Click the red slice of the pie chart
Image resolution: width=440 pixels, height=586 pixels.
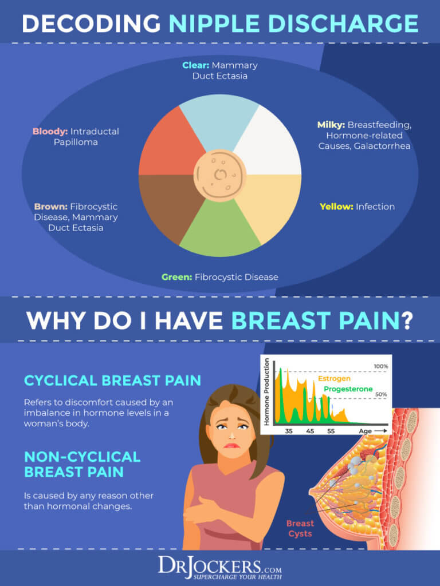(x=166, y=146)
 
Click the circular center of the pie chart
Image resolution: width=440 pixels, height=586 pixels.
(x=220, y=175)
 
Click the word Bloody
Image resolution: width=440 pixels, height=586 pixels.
(x=50, y=131)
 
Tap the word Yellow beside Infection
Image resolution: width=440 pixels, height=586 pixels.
(x=336, y=207)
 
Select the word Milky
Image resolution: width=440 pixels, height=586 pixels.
(x=331, y=125)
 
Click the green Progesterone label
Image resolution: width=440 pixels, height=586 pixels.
(x=348, y=389)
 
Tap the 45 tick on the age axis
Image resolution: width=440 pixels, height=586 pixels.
(x=310, y=432)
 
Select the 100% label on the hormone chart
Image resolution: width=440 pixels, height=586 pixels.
(x=381, y=366)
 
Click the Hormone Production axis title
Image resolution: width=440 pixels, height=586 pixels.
(x=267, y=392)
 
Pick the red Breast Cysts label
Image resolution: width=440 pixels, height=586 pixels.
(x=300, y=528)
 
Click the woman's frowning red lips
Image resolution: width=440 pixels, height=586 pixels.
(x=231, y=445)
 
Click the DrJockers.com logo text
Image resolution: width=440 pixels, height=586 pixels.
(x=220, y=567)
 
